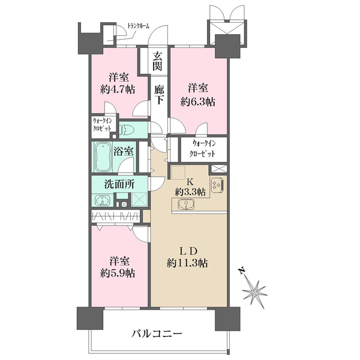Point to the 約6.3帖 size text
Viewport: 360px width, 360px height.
coord(198,101)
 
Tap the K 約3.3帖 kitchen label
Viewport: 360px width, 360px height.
coord(190,187)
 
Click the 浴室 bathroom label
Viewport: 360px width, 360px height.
coord(124,152)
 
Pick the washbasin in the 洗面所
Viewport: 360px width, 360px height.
coord(99,200)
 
